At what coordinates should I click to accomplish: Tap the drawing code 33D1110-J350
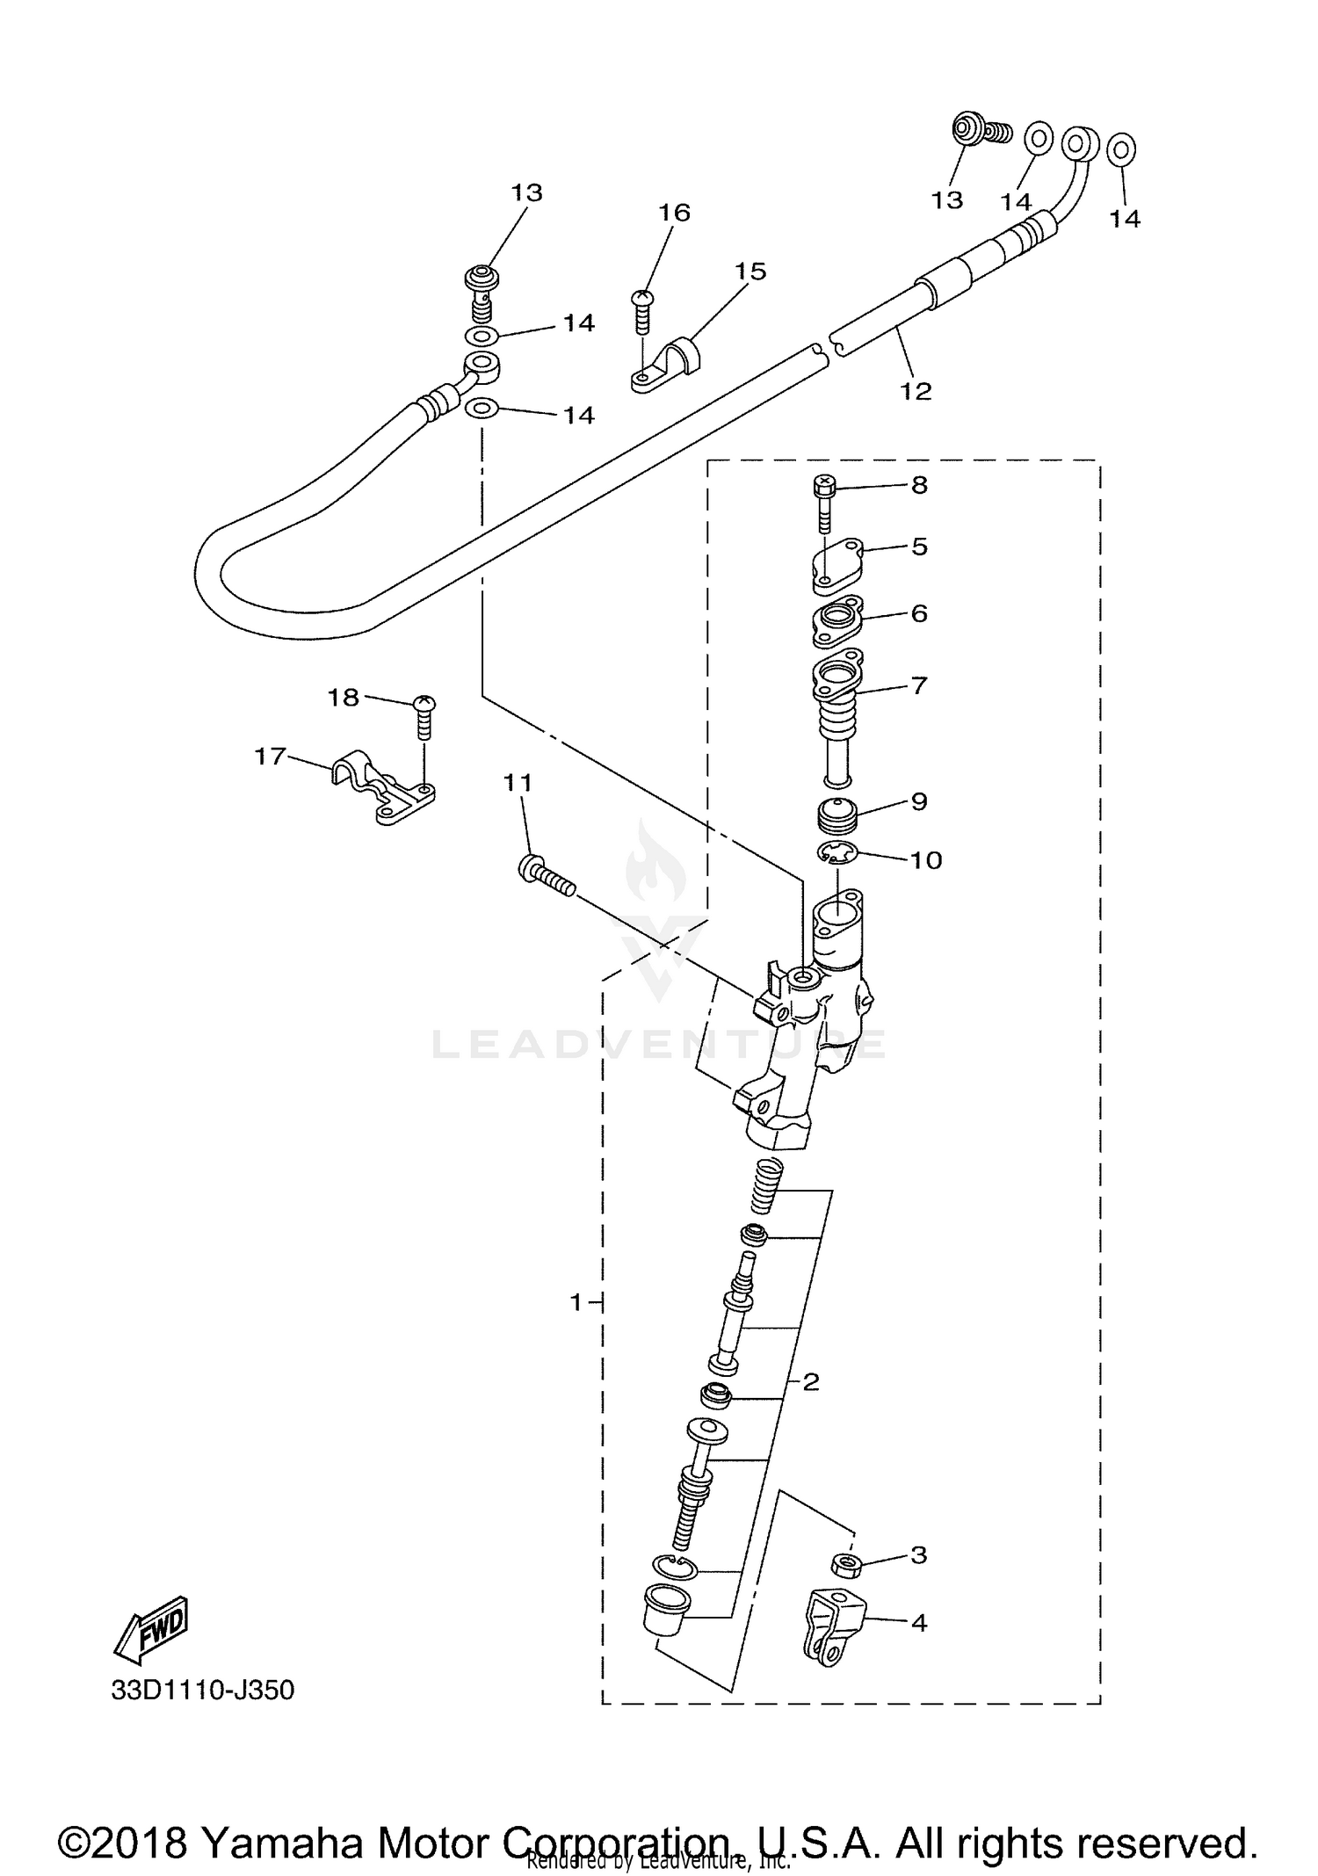203,1690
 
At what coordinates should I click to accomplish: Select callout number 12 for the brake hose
915,391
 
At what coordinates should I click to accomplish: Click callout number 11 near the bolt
518,782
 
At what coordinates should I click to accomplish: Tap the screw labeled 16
642,311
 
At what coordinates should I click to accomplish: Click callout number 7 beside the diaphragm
919,684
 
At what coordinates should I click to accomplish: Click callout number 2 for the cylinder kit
810,1382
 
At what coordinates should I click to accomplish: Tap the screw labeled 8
823,502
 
